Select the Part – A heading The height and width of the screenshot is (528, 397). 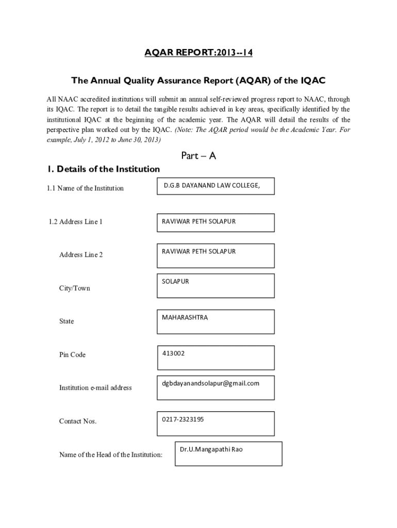[198, 155]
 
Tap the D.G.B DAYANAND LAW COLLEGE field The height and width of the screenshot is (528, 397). [211, 185]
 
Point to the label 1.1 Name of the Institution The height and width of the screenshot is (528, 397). [85, 188]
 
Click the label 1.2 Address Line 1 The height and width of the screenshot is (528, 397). [76, 222]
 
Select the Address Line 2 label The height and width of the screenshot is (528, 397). [81, 255]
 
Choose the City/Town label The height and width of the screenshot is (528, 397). [74, 288]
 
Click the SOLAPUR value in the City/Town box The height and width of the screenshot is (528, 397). [175, 282]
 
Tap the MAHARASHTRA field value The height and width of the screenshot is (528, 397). [185, 318]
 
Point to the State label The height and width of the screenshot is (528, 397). [67, 321]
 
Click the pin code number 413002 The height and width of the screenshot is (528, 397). [173, 354]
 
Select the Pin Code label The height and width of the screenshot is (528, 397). [72, 355]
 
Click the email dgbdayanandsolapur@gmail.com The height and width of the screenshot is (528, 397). [210, 383]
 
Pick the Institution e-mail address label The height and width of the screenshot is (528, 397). [95, 388]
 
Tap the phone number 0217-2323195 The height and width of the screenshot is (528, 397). [183, 419]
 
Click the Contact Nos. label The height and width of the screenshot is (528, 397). [78, 421]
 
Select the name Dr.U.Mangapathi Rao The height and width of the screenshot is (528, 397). [211, 450]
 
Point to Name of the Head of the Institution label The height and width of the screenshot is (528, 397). [111, 454]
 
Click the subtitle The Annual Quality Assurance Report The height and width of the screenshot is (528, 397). [198, 81]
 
